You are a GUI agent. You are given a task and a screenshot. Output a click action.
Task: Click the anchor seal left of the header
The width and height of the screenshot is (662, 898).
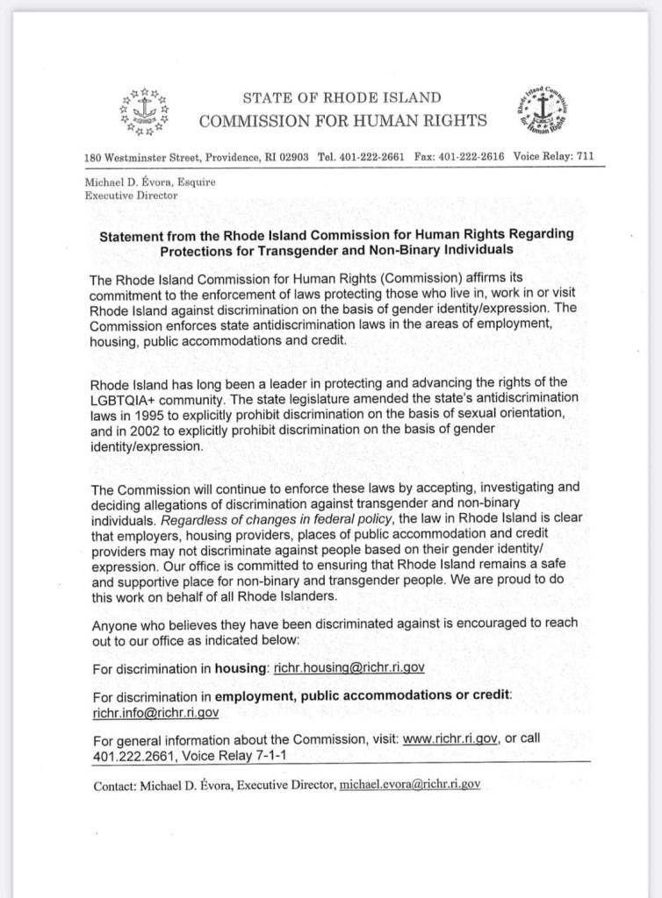pyautogui.click(x=143, y=111)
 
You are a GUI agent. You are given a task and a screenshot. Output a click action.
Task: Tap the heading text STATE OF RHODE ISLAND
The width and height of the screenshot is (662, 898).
pyautogui.click(x=342, y=97)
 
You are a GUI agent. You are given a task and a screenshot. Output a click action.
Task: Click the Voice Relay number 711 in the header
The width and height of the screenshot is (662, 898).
pyautogui.click(x=584, y=157)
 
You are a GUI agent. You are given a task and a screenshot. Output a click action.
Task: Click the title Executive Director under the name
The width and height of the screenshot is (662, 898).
pyautogui.click(x=131, y=195)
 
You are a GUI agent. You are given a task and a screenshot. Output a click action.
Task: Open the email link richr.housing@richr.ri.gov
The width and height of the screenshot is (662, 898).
pyautogui.click(x=349, y=667)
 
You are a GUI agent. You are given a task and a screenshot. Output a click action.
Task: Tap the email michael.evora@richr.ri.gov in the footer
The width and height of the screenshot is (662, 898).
pyautogui.click(x=409, y=786)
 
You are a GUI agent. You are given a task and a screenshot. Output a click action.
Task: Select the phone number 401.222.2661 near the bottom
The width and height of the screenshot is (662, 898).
pyautogui.click(x=133, y=754)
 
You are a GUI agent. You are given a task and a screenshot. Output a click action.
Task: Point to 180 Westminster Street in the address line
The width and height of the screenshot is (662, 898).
pyautogui.click(x=143, y=157)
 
